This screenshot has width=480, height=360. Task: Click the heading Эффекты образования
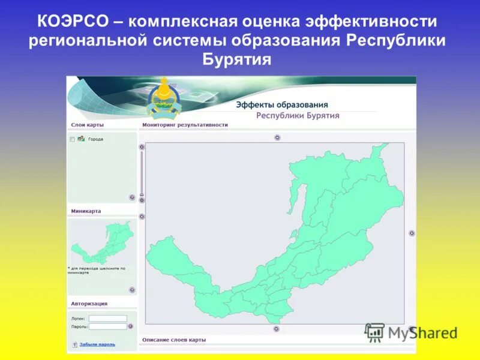[x=281, y=104]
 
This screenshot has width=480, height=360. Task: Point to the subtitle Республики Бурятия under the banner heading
[x=298, y=116]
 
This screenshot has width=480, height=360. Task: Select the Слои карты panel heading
[x=88, y=125]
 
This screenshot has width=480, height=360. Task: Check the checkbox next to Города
[x=73, y=139]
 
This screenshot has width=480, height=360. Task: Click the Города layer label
[x=95, y=139]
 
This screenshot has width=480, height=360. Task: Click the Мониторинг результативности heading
[x=185, y=125]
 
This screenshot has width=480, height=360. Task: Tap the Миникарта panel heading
[x=86, y=211]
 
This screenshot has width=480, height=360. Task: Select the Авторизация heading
[x=89, y=304]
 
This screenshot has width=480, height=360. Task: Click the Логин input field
[x=108, y=319]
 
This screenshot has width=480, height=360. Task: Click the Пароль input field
[x=108, y=326]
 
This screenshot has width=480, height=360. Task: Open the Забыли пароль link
[x=97, y=344]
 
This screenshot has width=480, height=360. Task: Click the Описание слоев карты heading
[x=174, y=340]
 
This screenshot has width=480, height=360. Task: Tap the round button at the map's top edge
[x=277, y=137]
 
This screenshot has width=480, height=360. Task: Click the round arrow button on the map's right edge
[x=412, y=233]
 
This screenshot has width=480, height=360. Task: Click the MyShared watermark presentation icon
[x=374, y=332]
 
